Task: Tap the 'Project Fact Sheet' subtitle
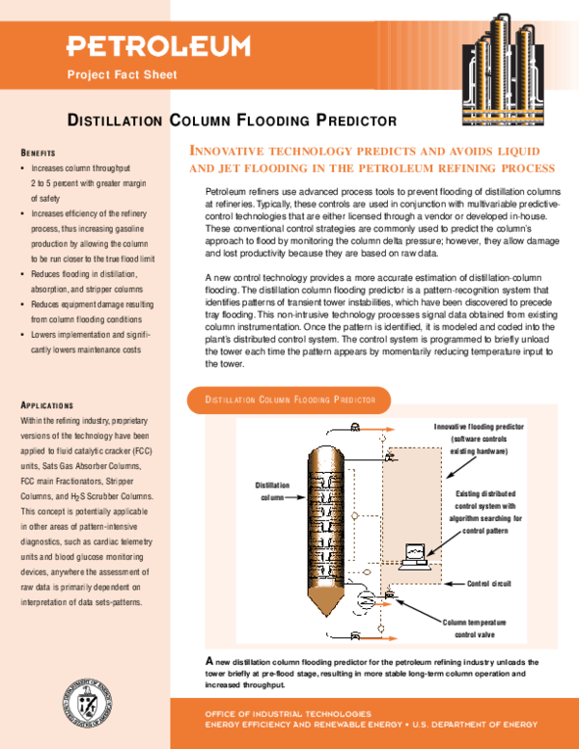tap(122, 75)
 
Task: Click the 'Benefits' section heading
tap(39, 153)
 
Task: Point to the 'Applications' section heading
tap(47, 405)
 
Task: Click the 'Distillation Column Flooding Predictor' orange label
tap(288, 399)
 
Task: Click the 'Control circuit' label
tap(493, 584)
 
